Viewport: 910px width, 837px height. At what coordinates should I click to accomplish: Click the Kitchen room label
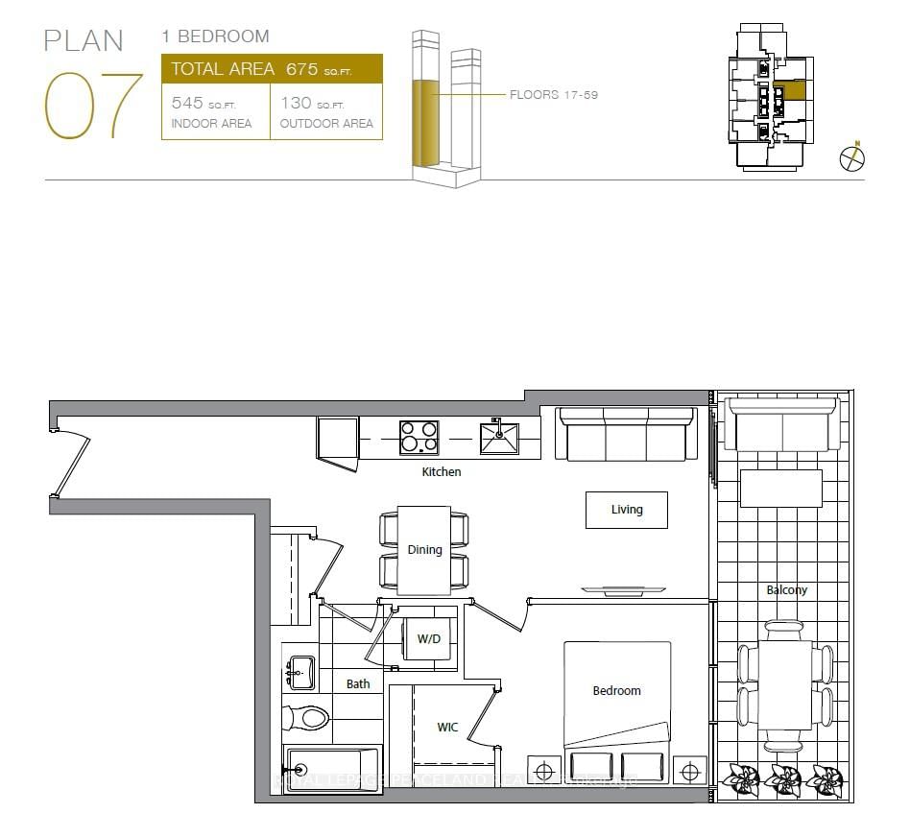coord(442,471)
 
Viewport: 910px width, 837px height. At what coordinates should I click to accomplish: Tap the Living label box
coord(627,510)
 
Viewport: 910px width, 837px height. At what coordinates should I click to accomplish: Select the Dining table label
coord(424,550)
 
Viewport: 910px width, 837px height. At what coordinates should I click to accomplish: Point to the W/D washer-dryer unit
coord(428,639)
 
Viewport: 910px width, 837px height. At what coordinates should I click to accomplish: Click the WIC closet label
coord(447,728)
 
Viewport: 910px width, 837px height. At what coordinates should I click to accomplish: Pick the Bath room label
coord(358,684)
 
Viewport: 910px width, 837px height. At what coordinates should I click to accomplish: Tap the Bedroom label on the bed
coord(616,690)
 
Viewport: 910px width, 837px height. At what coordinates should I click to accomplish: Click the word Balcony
coord(786,590)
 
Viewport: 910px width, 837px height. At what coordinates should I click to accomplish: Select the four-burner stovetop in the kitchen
coord(419,438)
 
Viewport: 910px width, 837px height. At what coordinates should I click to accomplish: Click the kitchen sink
coord(499,438)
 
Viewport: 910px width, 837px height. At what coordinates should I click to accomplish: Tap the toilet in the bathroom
coord(306,716)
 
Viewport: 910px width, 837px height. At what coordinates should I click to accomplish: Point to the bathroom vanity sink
coord(300,671)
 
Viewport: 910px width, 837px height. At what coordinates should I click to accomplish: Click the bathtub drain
coord(299,770)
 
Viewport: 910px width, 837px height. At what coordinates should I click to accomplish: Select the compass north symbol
coord(852,158)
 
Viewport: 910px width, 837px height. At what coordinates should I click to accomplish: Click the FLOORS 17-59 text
coord(554,95)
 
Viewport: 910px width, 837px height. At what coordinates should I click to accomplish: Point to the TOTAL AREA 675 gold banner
coord(272,69)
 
